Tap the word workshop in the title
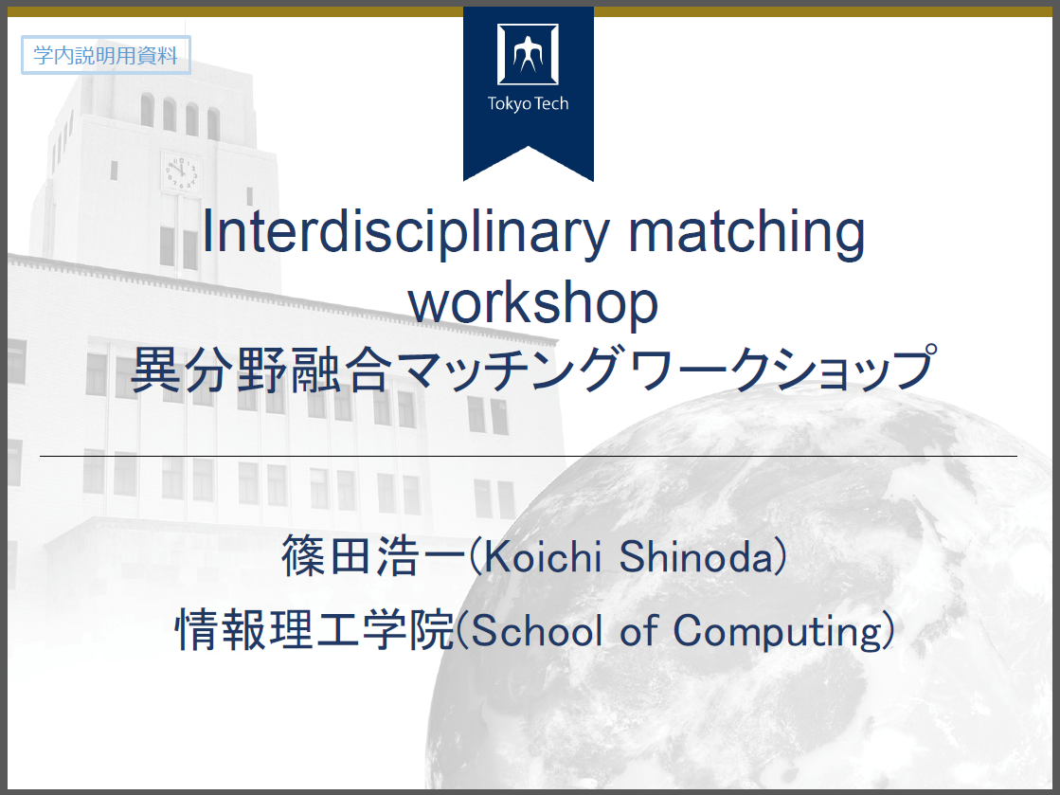[533, 303]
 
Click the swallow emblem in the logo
[528, 54]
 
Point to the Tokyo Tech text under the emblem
[528, 103]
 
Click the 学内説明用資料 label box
[106, 55]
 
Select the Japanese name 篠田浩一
[373, 556]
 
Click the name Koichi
[542, 556]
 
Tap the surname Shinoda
[695, 556]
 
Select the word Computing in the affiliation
[778, 631]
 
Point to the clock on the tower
[181, 172]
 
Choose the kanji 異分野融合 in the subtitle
[261, 370]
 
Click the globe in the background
[744, 595]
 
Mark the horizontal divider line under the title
[528, 457]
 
